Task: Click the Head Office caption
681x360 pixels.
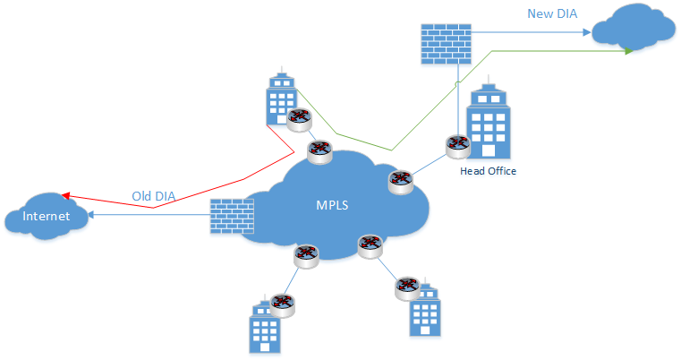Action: point(488,170)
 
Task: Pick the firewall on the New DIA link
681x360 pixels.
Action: point(446,43)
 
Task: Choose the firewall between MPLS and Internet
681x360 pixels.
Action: point(232,217)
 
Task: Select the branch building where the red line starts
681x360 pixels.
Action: point(283,97)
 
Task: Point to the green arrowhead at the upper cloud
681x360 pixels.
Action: point(629,51)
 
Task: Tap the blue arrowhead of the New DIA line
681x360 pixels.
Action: point(585,32)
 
